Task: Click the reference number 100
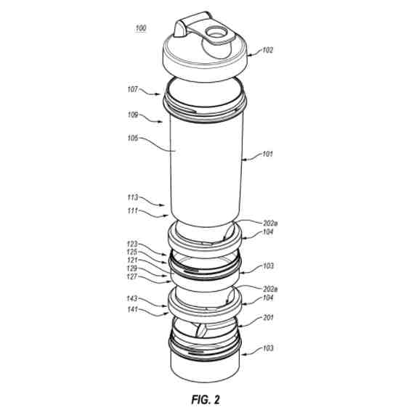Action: (141, 28)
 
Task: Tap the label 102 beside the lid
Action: (267, 50)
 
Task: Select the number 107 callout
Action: (133, 89)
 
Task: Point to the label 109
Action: (133, 115)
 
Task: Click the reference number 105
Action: (133, 138)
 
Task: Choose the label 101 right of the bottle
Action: (267, 154)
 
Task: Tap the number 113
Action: (133, 197)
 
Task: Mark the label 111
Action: (133, 210)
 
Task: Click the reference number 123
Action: (132, 244)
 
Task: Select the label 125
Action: (132, 252)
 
